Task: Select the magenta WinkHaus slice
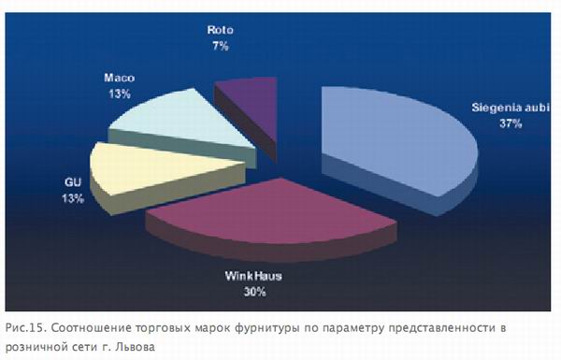pos(272,215)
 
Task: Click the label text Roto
pos(220,30)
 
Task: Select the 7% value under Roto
pos(220,46)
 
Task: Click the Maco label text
pos(120,78)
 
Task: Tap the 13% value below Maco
pos(120,94)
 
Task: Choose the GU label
pos(73,182)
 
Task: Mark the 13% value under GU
pos(73,198)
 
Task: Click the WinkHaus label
pos(253,276)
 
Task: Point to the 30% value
pos(254,292)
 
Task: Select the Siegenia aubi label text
pos(510,108)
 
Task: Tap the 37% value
pos(511,123)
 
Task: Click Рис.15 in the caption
pos(26,328)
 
